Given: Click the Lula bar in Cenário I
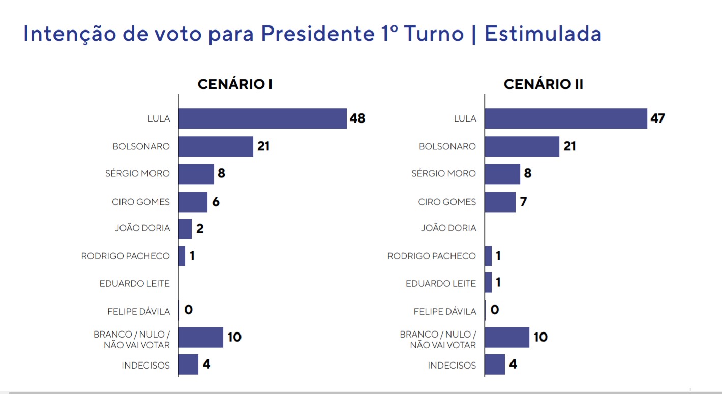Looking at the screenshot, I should pyautogui.click(x=262, y=118).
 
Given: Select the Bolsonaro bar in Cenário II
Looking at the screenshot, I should pyautogui.click(x=522, y=146).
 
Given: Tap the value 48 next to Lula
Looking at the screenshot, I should pyautogui.click(x=357, y=118).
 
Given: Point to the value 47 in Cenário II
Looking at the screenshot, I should pyautogui.click(x=657, y=118).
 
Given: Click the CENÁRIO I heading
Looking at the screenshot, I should pyautogui.click(x=235, y=84).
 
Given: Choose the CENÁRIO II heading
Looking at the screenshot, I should pyautogui.click(x=543, y=84).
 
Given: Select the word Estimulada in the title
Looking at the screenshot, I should pyautogui.click(x=543, y=34).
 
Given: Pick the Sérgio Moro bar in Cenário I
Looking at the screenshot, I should pyautogui.click(x=196, y=174).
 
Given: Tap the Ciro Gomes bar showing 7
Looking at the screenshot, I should pyautogui.click(x=500, y=202).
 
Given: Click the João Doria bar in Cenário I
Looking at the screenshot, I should pyautogui.click(x=185, y=229).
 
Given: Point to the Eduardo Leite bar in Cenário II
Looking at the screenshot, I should pyautogui.click(x=488, y=283).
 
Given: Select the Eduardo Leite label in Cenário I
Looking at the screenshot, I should pyautogui.click(x=135, y=283).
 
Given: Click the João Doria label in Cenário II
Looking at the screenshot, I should pyautogui.click(x=448, y=228).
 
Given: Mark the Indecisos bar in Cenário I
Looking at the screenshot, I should pyautogui.click(x=188, y=365).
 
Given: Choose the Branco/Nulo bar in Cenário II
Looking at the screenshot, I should pyautogui.click(x=507, y=337).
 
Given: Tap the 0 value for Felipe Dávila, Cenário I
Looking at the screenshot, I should pyautogui.click(x=189, y=309).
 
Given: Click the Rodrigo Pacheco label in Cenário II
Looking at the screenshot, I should pyautogui.click(x=432, y=256).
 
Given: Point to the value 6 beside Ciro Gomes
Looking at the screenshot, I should pyautogui.click(x=216, y=202).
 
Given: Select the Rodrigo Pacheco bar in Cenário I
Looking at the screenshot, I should pyautogui.click(x=182, y=256).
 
